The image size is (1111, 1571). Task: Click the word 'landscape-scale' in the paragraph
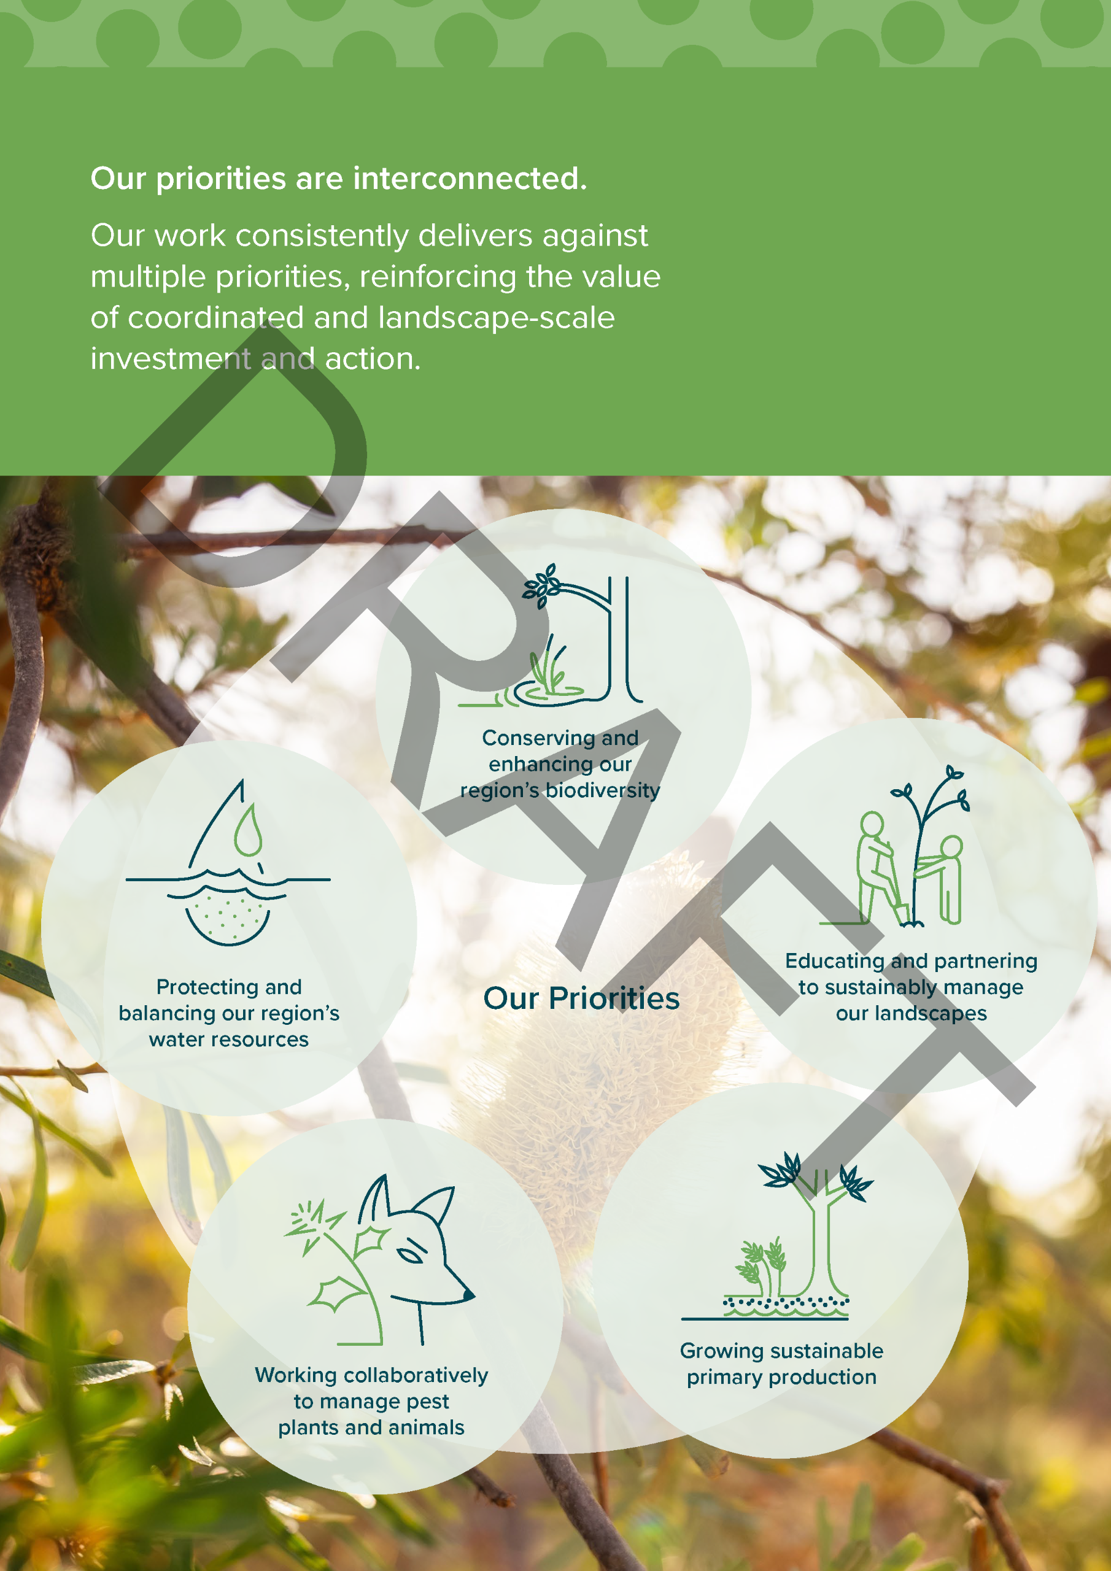coord(497,318)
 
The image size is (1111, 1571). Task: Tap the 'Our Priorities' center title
coord(581,998)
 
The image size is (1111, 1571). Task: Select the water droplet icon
coord(248,830)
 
